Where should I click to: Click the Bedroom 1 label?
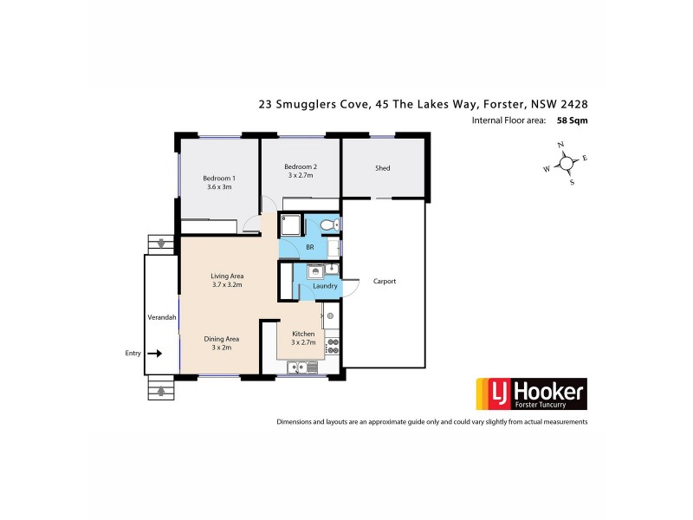tap(219, 179)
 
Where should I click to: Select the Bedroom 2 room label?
tap(301, 167)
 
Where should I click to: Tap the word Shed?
tap(383, 168)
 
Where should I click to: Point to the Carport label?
tap(384, 282)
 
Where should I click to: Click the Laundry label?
tap(313, 286)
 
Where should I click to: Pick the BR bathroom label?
tap(309, 248)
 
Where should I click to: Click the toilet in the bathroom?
tap(327, 225)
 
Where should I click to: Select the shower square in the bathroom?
tap(290, 224)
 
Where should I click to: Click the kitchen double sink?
tap(303, 367)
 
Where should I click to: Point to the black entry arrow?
tap(155, 354)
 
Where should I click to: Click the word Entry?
tap(133, 354)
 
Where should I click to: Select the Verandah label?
tap(162, 318)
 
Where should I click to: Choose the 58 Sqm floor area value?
tap(573, 121)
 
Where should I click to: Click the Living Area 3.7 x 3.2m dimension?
tap(226, 284)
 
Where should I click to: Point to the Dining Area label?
tap(222, 339)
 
